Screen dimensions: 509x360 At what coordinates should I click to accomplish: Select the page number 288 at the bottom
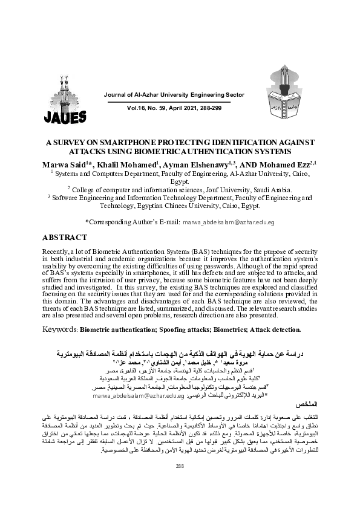coord(179,482)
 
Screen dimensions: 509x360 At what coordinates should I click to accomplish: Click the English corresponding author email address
coord(229,223)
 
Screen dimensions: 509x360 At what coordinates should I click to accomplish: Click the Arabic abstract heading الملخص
coord(299,401)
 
